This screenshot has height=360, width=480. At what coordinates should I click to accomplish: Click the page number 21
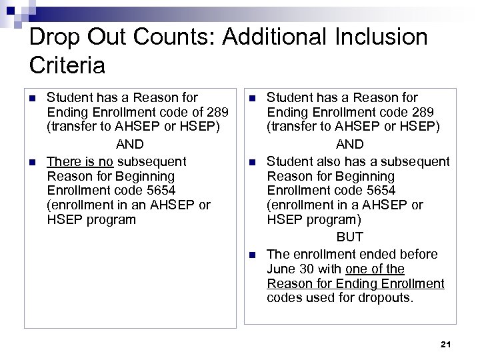point(447,344)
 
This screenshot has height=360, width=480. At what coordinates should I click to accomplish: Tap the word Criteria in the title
point(67,65)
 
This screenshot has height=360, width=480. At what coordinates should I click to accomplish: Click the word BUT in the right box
point(349,237)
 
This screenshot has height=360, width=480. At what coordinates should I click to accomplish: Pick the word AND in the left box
point(130,144)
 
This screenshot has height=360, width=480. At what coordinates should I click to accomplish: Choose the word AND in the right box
point(349,144)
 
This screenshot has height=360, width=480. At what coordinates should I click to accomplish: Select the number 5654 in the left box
point(160,191)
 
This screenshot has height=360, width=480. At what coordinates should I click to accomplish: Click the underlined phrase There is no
point(81,161)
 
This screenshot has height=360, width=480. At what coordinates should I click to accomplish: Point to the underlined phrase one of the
point(375,269)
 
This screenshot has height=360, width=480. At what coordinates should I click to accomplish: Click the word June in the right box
point(280,269)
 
